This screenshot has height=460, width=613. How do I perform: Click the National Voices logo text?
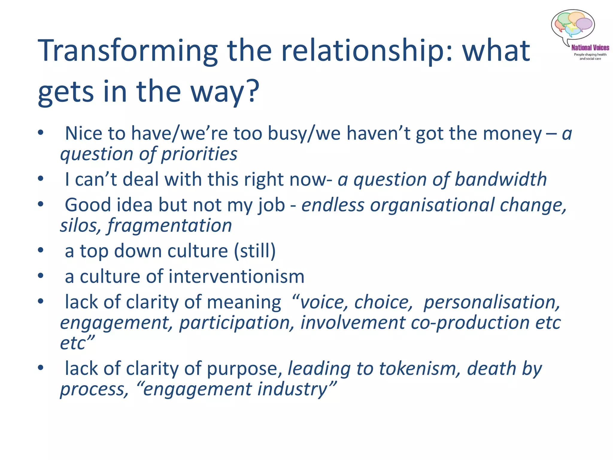[590, 48]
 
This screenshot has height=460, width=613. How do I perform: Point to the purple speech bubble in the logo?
[584, 24]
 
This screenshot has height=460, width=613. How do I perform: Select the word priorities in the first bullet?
[199, 154]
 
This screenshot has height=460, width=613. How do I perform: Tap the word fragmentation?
[169, 226]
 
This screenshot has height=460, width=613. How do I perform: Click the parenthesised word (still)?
[255, 251]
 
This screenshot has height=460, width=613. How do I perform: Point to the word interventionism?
[236, 276]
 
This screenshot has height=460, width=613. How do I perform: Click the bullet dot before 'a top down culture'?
[41, 250]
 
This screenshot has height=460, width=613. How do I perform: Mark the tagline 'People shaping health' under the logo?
[590, 55]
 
